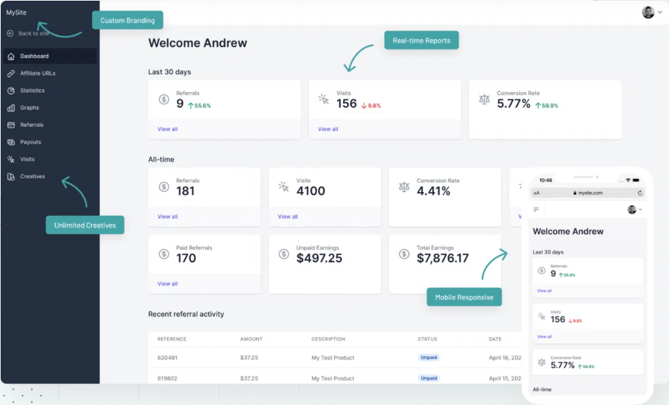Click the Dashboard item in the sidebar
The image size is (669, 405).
tap(34, 56)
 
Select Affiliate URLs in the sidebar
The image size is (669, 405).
tap(38, 73)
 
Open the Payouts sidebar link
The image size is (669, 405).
tap(30, 142)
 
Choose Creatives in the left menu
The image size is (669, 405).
tap(33, 177)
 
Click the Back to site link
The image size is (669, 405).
tap(33, 33)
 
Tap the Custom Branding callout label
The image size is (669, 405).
tap(127, 20)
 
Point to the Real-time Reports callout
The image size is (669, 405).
tap(421, 41)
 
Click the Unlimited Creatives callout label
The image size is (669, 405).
tap(85, 225)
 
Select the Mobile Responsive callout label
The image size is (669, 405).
tap(464, 297)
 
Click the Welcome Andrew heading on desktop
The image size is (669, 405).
tap(197, 43)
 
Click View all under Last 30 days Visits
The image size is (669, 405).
tap(328, 129)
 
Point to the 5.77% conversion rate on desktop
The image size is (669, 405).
tap(514, 104)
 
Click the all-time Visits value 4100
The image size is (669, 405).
tap(310, 191)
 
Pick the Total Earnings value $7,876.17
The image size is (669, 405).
tap(442, 258)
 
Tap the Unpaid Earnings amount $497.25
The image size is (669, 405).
tap(319, 258)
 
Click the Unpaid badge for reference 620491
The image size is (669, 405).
tap(429, 357)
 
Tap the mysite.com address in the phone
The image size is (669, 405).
tap(589, 193)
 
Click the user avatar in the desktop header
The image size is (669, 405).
tap(648, 12)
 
